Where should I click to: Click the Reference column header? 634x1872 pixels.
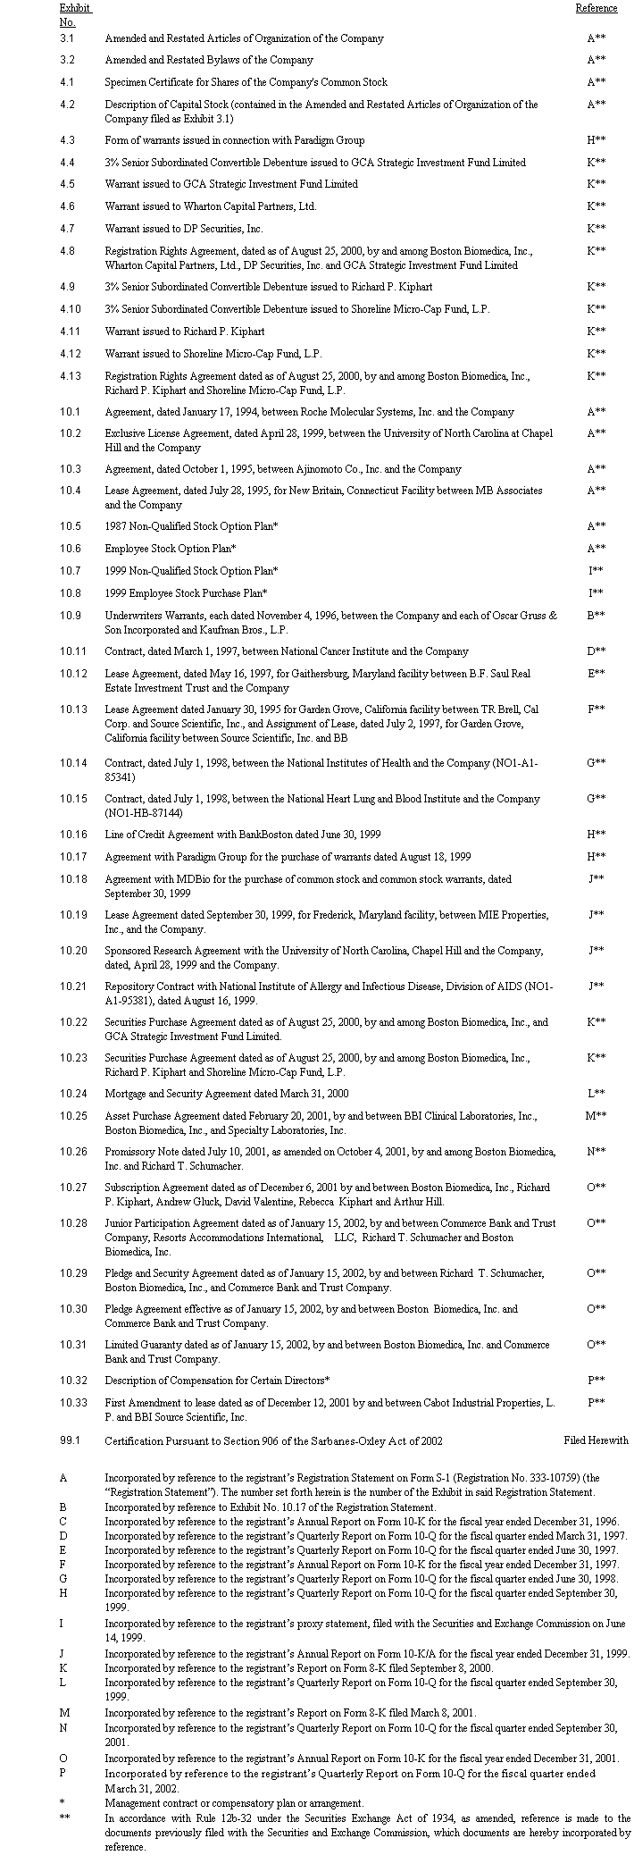coord(596,8)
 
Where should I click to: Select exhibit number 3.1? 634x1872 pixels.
coord(67,38)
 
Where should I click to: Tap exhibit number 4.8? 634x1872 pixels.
coord(67,251)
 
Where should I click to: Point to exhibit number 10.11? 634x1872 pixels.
coord(73,651)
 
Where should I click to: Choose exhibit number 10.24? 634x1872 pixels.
coord(73,1094)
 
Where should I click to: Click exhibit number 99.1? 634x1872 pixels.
coord(70,1440)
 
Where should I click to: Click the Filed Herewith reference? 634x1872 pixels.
coord(596,1440)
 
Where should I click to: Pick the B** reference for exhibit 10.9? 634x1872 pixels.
coord(596,616)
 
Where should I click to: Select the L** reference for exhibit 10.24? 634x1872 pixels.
coord(596,1094)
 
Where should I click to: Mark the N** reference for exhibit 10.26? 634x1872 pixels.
coord(596,1152)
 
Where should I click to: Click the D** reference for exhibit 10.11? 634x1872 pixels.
coord(596,651)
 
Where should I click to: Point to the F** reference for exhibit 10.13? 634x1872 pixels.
coord(596,709)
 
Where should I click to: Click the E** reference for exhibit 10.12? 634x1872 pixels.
coord(596,674)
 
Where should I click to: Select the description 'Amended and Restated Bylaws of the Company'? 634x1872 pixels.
coord(209,60)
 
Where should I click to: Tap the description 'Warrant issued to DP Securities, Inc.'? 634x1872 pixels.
coord(184,229)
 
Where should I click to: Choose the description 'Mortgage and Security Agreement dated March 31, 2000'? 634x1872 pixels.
coord(227,1094)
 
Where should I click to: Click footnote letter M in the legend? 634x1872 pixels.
coord(64,1712)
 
